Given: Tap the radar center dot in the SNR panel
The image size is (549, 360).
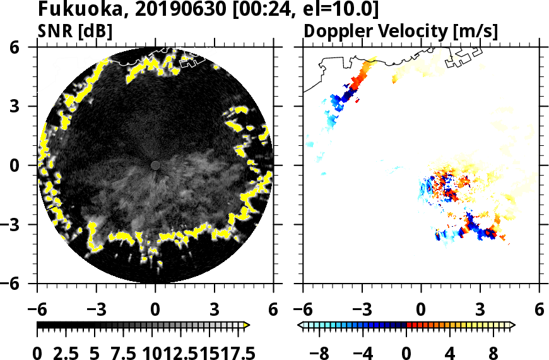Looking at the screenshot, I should pos(155,165).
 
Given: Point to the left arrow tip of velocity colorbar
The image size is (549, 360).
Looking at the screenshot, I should pos(300,325).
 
